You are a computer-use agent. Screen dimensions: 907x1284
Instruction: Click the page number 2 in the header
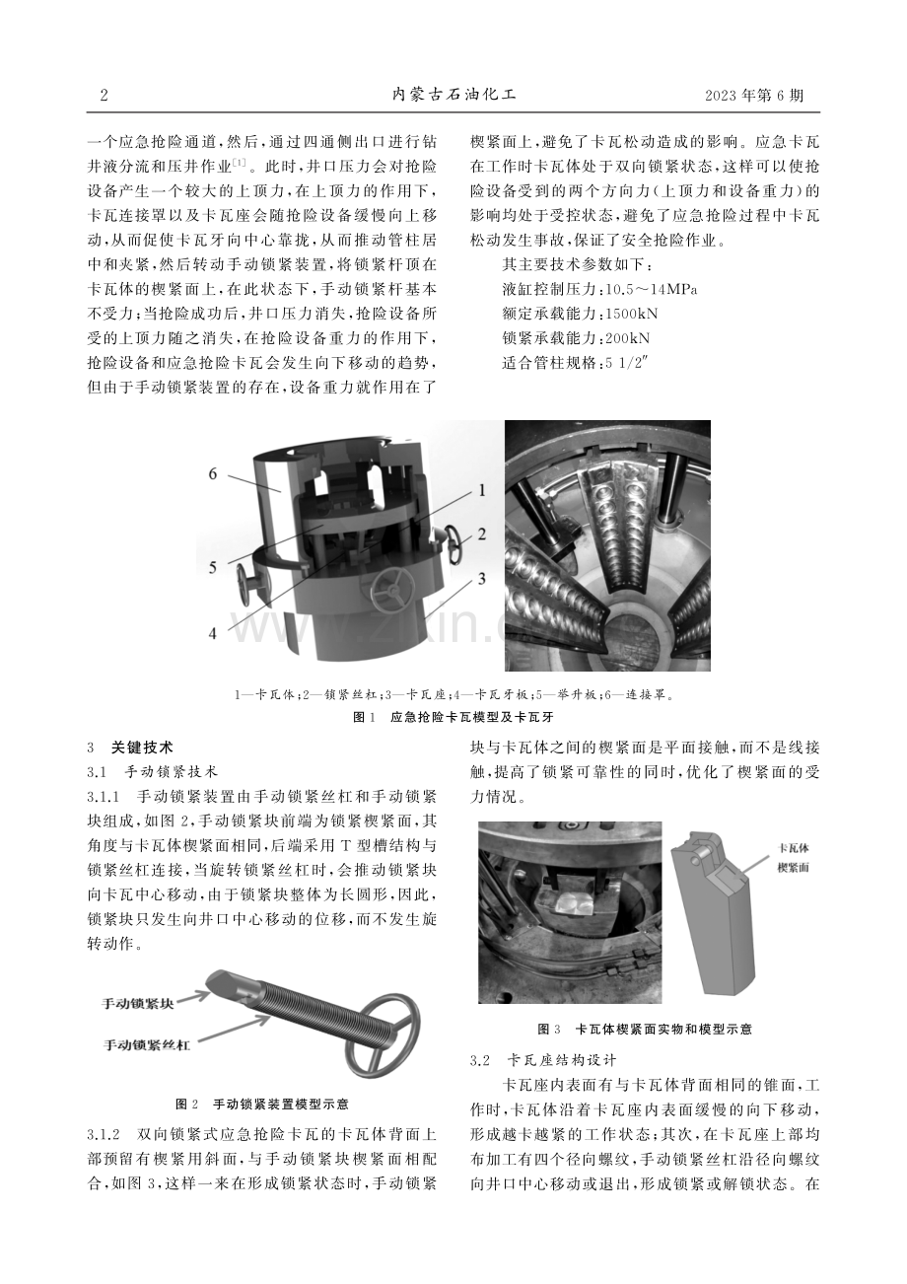(x=104, y=95)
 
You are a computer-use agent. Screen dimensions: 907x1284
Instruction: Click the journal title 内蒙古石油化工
(x=453, y=95)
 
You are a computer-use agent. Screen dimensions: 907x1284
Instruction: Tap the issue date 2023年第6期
(x=754, y=95)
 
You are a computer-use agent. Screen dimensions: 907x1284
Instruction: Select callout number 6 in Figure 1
(x=213, y=473)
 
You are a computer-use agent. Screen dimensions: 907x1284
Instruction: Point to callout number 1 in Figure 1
(x=482, y=490)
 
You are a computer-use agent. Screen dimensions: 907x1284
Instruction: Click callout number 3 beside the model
(x=481, y=578)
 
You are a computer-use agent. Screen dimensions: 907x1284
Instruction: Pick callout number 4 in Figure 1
(x=213, y=633)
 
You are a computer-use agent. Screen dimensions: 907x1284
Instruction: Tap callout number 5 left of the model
(x=213, y=567)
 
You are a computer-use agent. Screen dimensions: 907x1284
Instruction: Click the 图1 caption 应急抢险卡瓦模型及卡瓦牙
(x=471, y=717)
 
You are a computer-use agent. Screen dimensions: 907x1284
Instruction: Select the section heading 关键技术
(x=142, y=748)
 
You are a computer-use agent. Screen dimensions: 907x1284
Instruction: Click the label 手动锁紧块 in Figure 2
(x=137, y=1003)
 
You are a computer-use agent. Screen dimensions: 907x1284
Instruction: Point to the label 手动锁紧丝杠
(x=147, y=1044)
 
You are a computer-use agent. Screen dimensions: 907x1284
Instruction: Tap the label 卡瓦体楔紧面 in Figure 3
(x=793, y=858)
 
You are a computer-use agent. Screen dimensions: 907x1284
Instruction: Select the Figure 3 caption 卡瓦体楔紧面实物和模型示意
(x=663, y=1029)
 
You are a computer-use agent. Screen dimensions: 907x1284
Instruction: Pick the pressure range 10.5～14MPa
(x=651, y=289)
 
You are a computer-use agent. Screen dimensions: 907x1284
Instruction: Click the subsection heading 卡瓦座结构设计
(x=562, y=1060)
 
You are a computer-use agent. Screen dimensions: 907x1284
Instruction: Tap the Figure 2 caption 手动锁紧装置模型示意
(x=280, y=1104)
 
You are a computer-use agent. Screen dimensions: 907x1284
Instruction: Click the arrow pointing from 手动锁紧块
(x=192, y=997)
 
